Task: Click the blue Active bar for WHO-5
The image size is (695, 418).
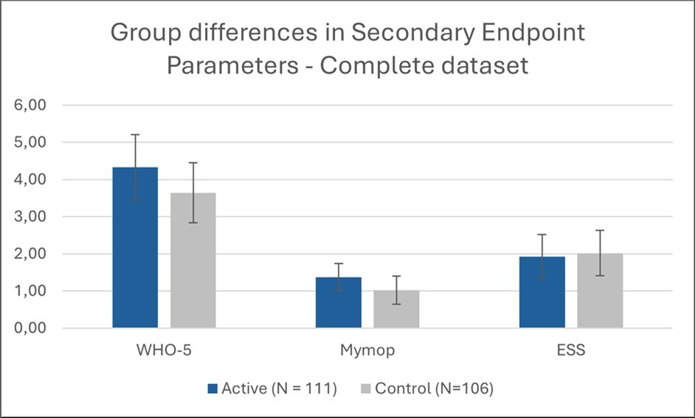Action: (135, 251)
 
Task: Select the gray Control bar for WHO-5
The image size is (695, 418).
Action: (193, 262)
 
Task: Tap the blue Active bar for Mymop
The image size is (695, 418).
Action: (338, 303)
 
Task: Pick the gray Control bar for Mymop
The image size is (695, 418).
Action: (396, 310)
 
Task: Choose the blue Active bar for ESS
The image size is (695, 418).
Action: (542, 293)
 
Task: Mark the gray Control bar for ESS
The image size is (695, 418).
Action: (600, 292)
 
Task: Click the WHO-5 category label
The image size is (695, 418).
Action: (164, 351)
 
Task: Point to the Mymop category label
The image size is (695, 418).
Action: (367, 351)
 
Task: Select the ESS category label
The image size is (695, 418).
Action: (570, 351)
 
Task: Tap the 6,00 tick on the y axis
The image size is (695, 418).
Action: (31, 105)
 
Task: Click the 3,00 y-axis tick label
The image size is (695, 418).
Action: (31, 217)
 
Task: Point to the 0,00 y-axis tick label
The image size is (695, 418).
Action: (31, 328)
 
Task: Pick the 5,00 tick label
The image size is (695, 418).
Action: (31, 142)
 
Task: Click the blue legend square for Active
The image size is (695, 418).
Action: (212, 389)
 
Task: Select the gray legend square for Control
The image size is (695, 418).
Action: (366, 389)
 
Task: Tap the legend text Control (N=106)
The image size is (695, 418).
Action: (434, 389)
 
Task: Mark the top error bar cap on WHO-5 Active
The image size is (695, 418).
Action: (135, 135)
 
